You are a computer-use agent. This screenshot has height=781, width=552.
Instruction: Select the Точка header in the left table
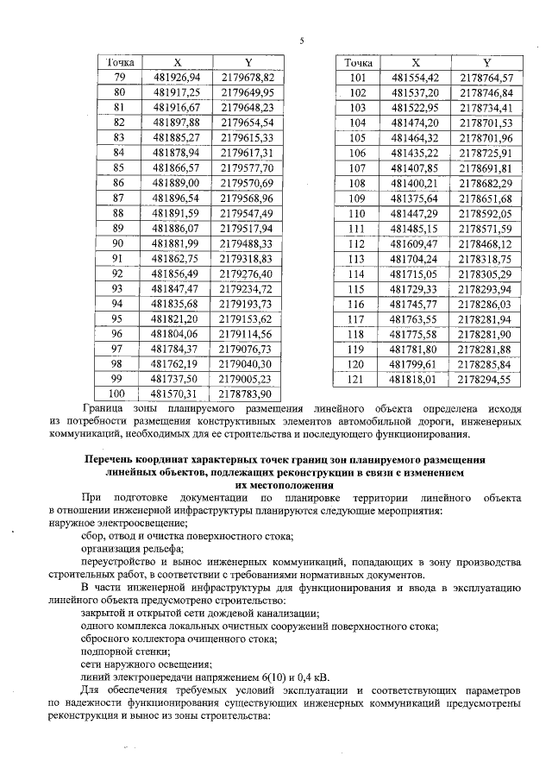[x=120, y=63]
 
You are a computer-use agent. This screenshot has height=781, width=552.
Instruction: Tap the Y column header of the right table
[x=486, y=63]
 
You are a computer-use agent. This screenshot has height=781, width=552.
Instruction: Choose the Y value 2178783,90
[x=247, y=394]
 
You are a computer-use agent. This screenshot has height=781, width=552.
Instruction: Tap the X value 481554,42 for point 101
[x=416, y=78]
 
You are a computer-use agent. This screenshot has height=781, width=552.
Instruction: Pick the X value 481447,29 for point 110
[x=416, y=213]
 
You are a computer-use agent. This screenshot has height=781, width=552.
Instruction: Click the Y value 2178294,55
[x=486, y=379]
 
